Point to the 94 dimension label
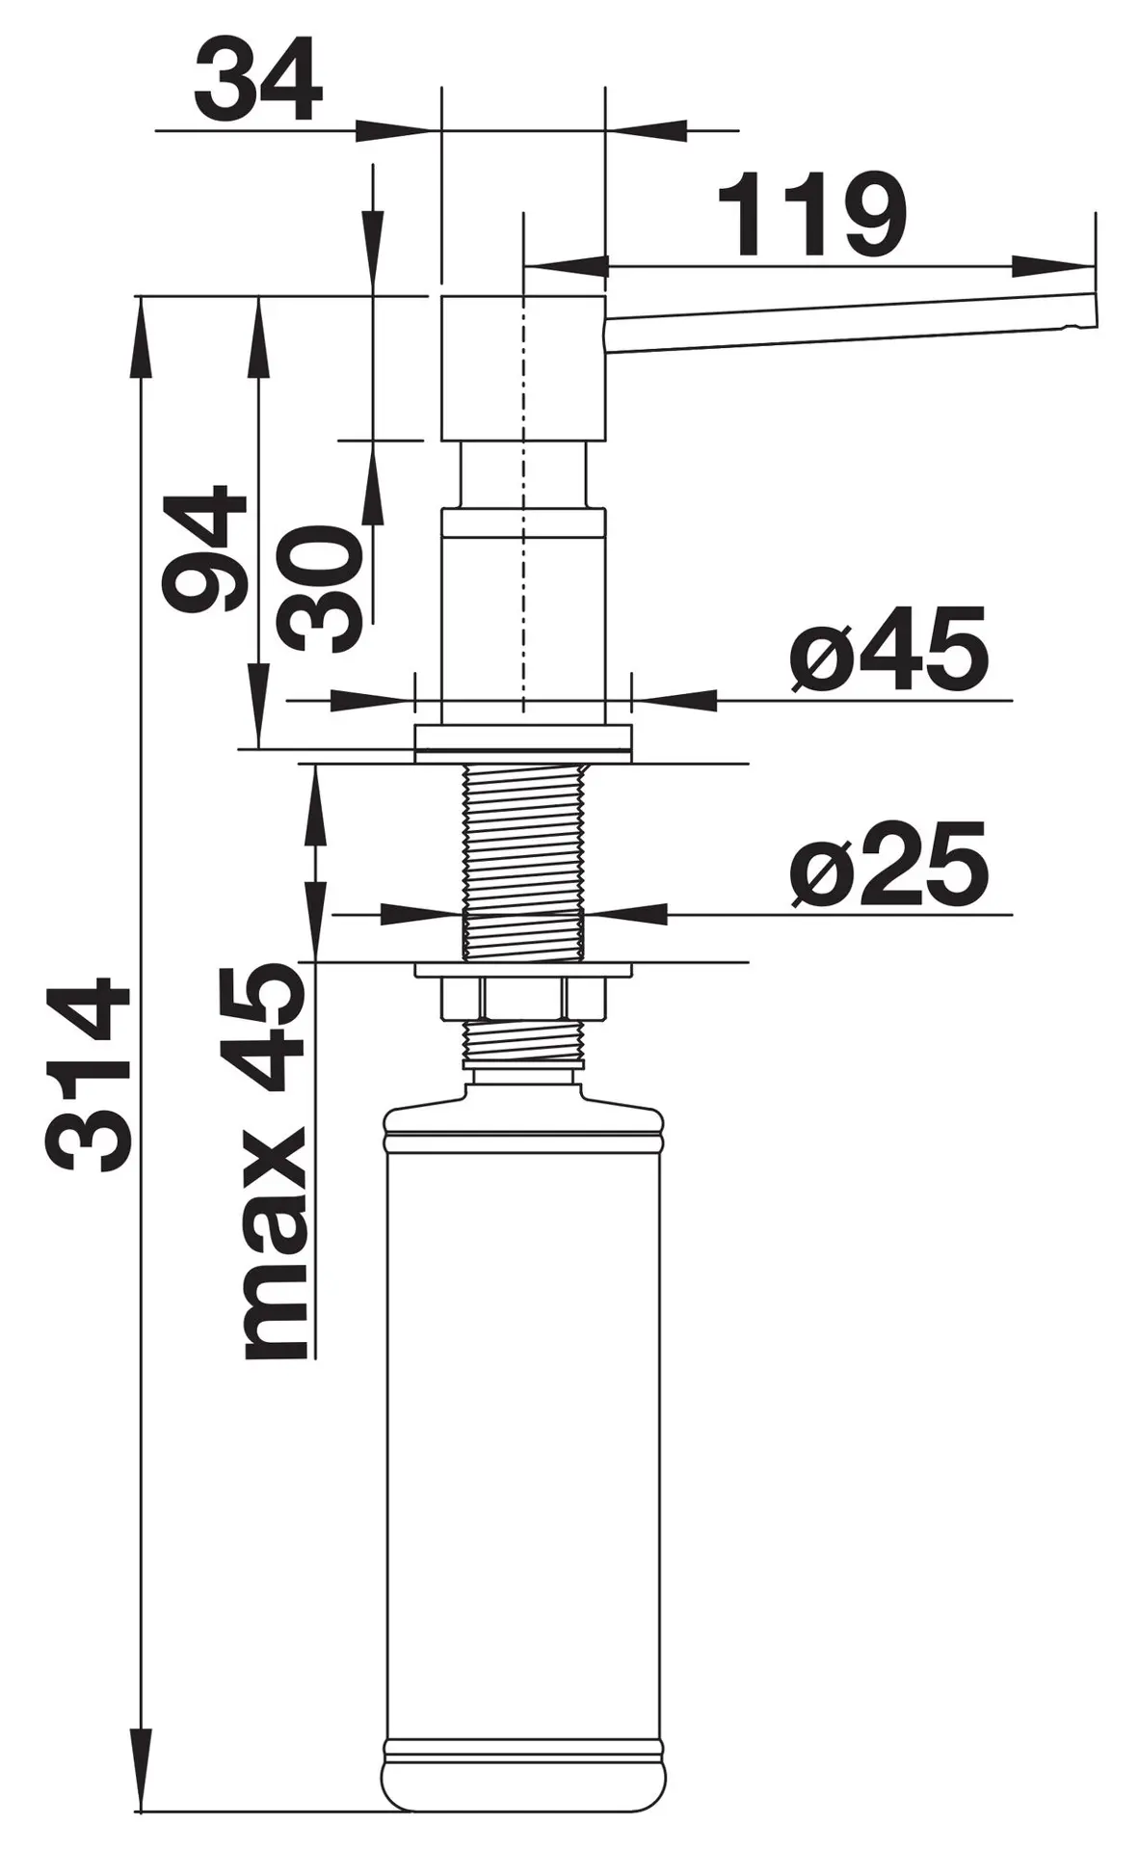(x=205, y=549)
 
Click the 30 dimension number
(x=320, y=589)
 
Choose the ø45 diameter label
(x=888, y=649)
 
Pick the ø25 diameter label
(x=888, y=865)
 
